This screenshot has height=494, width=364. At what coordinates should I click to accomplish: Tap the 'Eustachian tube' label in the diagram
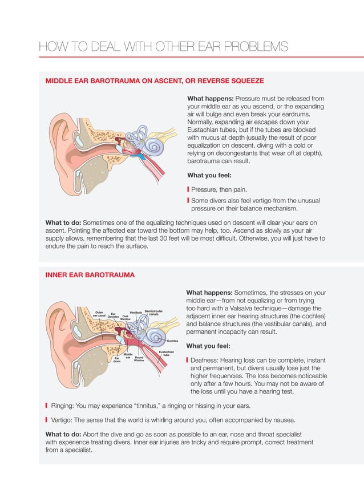click(166, 354)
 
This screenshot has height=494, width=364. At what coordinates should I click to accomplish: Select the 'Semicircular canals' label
click(154, 313)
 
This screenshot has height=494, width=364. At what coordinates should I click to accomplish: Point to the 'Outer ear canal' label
click(99, 314)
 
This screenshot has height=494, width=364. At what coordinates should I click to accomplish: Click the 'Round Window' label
click(139, 359)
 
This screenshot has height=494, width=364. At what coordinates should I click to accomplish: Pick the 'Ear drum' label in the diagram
click(117, 360)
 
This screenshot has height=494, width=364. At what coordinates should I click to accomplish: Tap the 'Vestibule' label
click(135, 312)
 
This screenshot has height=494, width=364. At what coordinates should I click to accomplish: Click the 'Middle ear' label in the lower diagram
click(128, 356)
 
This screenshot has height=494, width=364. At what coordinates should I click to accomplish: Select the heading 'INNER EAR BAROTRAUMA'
click(90, 275)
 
